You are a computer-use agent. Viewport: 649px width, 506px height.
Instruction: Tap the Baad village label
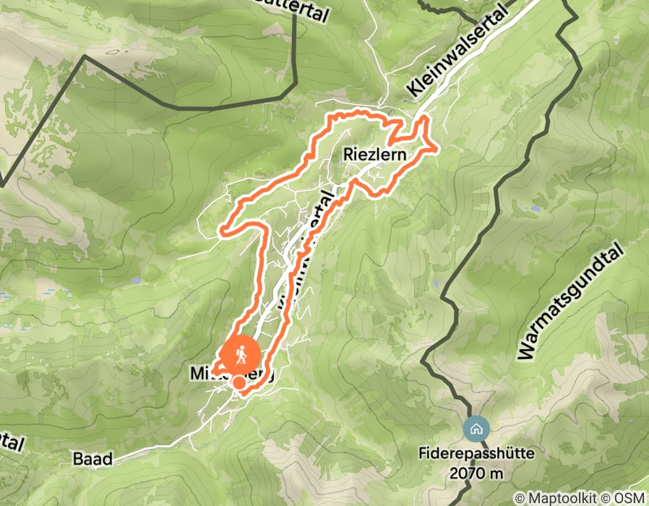coord(93,459)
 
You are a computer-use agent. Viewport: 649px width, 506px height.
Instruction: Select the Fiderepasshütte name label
coord(477,454)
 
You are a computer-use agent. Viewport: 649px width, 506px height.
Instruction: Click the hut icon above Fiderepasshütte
coord(476,429)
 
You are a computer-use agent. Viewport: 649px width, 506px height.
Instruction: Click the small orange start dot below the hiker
coord(238,382)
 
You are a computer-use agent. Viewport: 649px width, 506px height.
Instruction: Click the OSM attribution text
coord(628,498)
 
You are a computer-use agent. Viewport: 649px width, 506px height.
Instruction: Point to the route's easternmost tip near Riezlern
coord(437,149)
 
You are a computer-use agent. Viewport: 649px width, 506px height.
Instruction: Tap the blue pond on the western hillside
coord(135,280)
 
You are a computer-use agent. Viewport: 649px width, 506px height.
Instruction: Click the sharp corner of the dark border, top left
coord(85,58)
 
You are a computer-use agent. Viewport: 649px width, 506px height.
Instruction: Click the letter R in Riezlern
coord(348,155)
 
